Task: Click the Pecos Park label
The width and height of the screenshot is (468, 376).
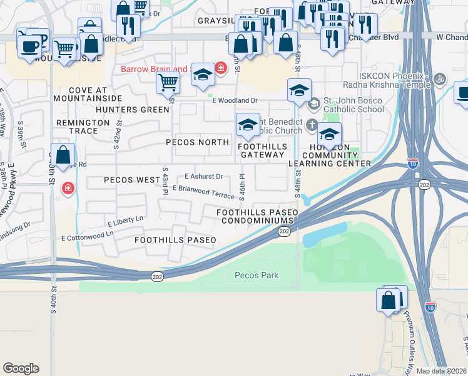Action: pos(256,275)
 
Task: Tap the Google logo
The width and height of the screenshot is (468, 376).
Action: pos(21,368)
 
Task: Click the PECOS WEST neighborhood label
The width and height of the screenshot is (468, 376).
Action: pos(132,180)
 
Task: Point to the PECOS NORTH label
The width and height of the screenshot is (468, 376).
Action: pos(197,142)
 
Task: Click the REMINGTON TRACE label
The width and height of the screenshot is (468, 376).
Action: pos(86,127)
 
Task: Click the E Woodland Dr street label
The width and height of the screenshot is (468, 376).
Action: pos(235,100)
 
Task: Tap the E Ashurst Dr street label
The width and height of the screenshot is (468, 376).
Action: pos(204,177)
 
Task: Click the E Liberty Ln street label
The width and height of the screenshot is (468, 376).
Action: pos(125,220)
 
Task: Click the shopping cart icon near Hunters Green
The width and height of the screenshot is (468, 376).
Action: pos(168,81)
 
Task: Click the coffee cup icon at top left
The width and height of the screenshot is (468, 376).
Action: pos(29,46)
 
